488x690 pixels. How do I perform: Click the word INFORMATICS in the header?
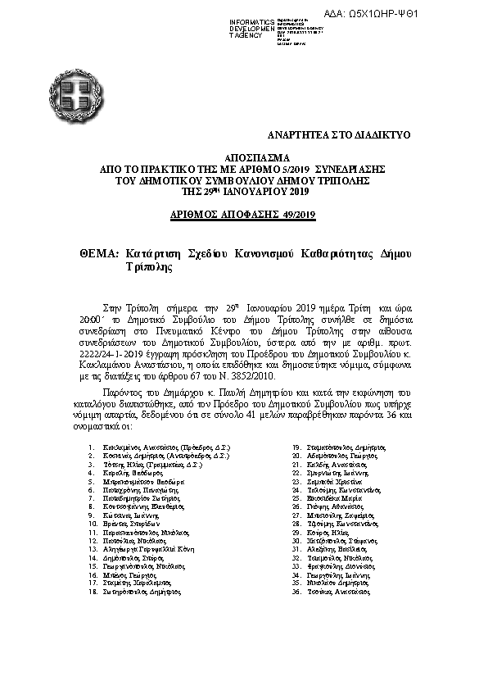click(x=252, y=20)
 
